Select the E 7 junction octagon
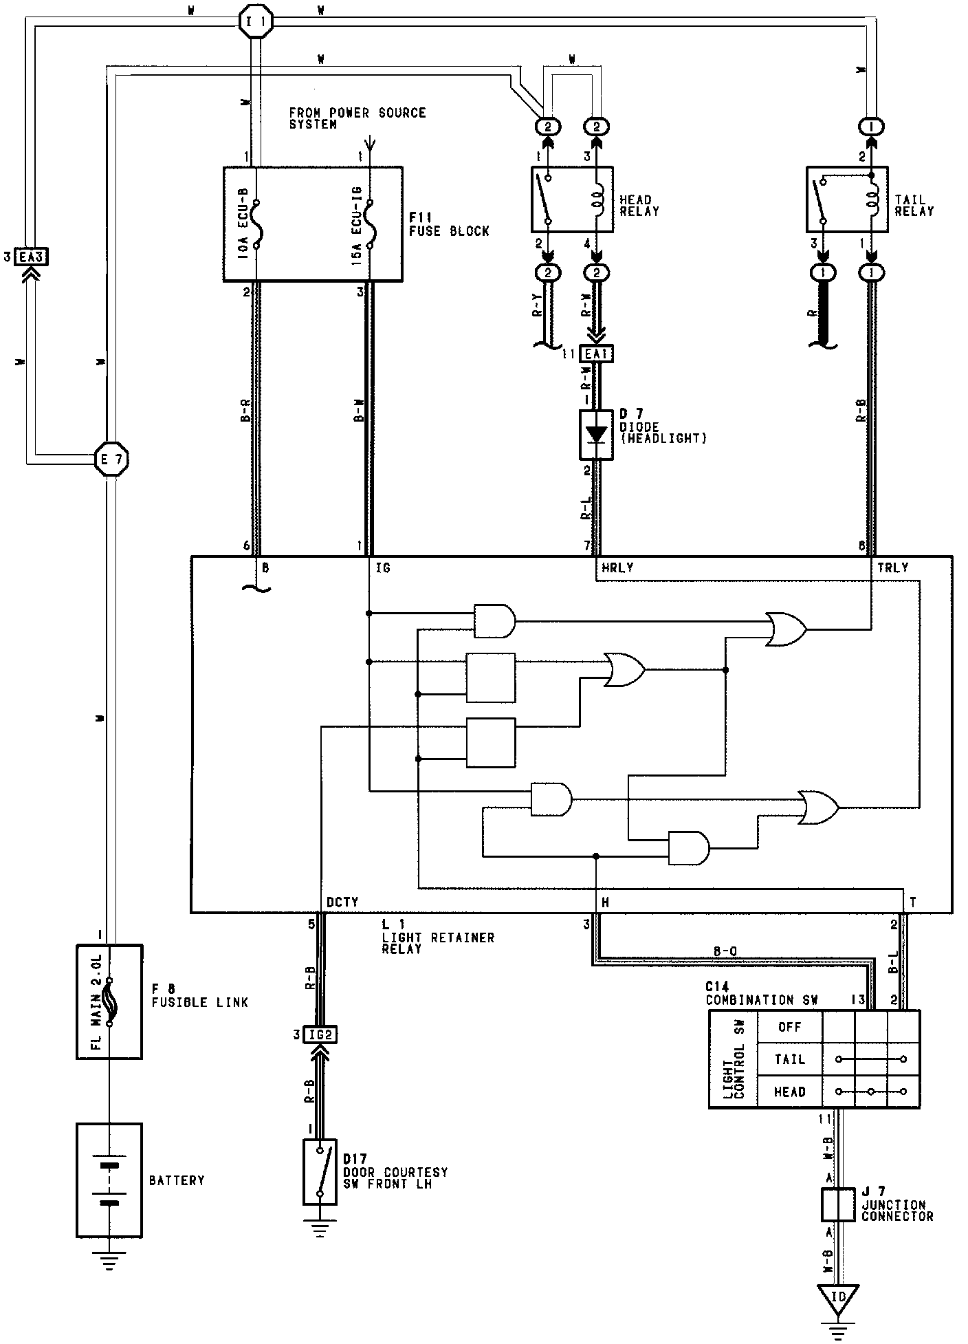[111, 458]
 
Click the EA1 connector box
[596, 355]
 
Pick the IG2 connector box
[320, 1034]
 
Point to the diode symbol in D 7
[596, 434]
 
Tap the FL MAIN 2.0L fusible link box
[109, 1001]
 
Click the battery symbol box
[109, 1180]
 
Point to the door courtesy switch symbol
[320, 1172]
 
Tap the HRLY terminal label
[617, 567]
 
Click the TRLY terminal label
[892, 567]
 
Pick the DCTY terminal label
[342, 902]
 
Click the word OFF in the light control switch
[789, 1027]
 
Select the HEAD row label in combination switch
[789, 1092]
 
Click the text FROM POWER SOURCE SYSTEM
[357, 118]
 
